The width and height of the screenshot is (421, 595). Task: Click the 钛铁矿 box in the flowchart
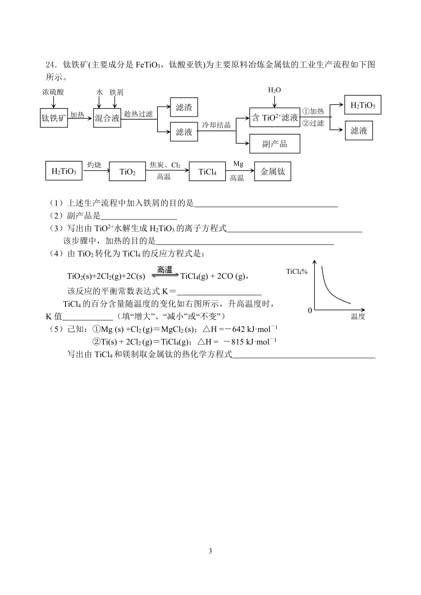[x=54, y=118]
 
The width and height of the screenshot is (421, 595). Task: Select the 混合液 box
[x=107, y=118]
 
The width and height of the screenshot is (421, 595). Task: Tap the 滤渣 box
[x=184, y=107]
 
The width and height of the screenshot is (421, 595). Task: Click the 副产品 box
[x=275, y=143]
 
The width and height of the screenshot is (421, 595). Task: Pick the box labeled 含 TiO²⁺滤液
[x=275, y=118]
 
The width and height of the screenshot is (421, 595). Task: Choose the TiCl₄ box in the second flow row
[x=207, y=171]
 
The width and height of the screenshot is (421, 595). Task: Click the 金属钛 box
[x=273, y=171]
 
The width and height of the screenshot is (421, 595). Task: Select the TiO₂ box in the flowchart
[x=127, y=171]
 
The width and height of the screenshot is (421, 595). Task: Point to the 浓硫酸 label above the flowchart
[x=53, y=92]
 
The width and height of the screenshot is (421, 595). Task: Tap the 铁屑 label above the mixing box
[x=117, y=93]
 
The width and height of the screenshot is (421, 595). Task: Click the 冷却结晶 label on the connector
[x=216, y=125]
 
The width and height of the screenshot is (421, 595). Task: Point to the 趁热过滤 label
[x=139, y=114]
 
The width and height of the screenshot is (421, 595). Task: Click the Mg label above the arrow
[x=238, y=164]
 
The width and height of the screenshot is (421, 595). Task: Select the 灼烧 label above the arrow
[x=94, y=165]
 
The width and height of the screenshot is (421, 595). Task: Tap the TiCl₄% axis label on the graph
[x=297, y=271]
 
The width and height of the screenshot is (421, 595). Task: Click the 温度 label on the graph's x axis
[x=358, y=316]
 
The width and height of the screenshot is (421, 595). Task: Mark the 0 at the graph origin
[x=310, y=310]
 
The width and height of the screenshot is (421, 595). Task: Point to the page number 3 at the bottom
[x=210, y=551]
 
